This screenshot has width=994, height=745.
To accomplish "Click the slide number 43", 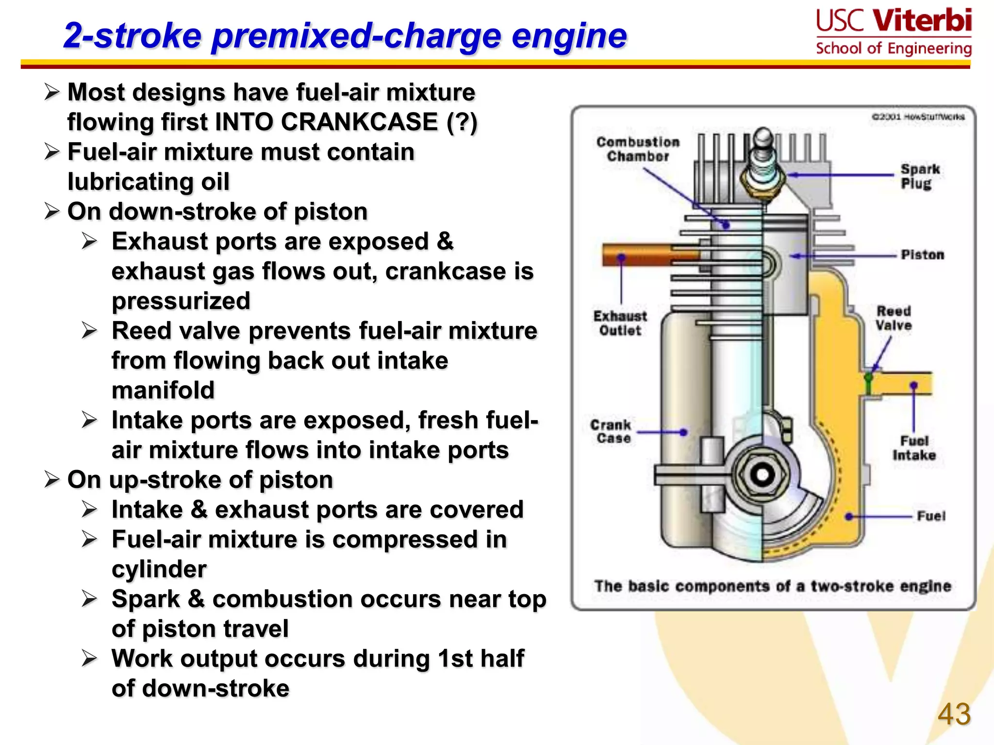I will click(x=954, y=714).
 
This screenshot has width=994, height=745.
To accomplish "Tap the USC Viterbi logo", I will click(x=894, y=32).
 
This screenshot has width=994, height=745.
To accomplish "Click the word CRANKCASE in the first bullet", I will click(x=359, y=122).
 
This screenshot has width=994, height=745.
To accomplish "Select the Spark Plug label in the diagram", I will click(x=919, y=177).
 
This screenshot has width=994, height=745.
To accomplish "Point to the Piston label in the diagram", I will click(x=922, y=255).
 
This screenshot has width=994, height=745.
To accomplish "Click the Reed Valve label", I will click(x=893, y=318).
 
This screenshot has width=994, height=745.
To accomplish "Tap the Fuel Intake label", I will click(x=914, y=448).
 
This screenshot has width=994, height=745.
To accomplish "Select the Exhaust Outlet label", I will click(x=620, y=324).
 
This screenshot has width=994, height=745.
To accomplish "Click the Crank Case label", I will click(x=611, y=432).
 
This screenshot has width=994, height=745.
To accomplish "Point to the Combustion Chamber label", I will click(x=638, y=149).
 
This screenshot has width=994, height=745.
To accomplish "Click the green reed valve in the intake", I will click(x=868, y=383).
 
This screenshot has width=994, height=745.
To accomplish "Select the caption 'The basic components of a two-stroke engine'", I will click(x=772, y=586).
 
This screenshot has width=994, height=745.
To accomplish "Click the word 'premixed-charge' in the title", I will click(x=357, y=36).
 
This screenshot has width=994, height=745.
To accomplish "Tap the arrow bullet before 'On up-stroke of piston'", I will click(x=51, y=480).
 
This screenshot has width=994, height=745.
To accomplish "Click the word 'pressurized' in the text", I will click(x=181, y=301).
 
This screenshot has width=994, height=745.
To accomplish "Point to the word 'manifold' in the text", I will click(x=163, y=390).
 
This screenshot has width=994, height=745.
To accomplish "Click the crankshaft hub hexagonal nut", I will click(x=762, y=474).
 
